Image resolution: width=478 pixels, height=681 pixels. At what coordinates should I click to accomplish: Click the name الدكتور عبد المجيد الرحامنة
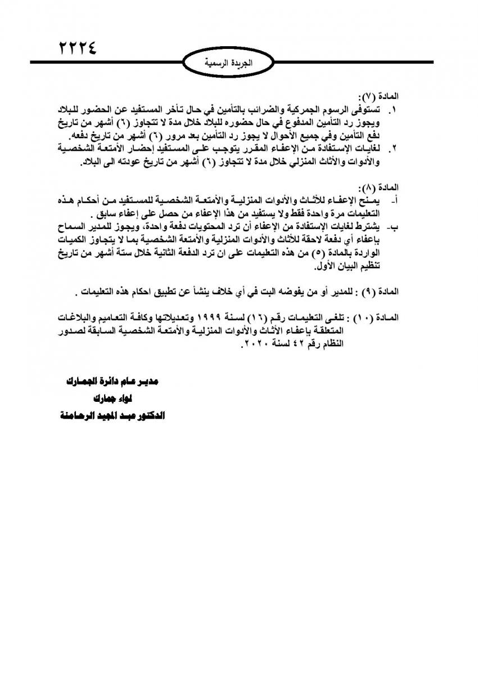coord(112,416)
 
